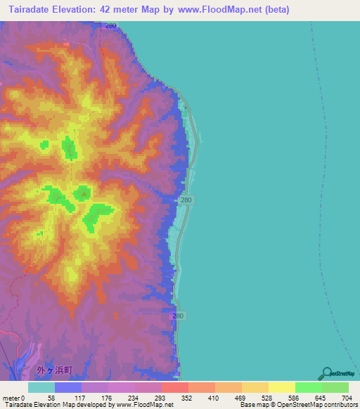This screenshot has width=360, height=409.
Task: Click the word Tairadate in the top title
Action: (x=33, y=10)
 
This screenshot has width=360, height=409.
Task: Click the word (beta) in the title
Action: (x=274, y=10)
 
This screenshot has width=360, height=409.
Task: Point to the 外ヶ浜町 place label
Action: (x=53, y=369)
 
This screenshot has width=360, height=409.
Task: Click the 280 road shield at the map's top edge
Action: (x=110, y=25)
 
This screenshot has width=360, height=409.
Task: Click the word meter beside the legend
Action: (x=12, y=398)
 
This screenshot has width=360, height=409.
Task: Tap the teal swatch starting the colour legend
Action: (x=41, y=387)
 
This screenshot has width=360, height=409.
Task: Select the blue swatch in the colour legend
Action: (x=67, y=387)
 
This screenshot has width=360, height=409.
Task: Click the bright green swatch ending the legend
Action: (x=335, y=387)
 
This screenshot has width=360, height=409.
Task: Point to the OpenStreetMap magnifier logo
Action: (x=326, y=374)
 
